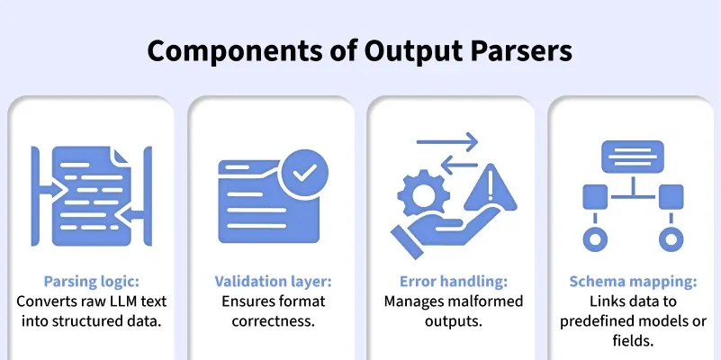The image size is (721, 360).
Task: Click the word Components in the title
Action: [x=234, y=51]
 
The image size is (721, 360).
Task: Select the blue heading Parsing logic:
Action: [x=92, y=282]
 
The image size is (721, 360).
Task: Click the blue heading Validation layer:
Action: [x=273, y=282]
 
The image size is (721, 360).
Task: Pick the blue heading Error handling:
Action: [x=453, y=282]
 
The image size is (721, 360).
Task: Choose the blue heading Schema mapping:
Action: [x=633, y=282]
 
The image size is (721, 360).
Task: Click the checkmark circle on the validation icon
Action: [x=303, y=172]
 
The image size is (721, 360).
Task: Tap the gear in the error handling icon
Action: [x=423, y=195]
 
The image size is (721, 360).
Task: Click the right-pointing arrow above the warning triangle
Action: [x=447, y=142]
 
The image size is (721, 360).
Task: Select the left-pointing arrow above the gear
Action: [x=460, y=166]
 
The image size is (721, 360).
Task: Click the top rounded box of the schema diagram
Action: [x=633, y=157]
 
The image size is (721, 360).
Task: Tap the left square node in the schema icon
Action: [x=595, y=197]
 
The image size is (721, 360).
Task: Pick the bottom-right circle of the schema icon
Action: [x=671, y=239]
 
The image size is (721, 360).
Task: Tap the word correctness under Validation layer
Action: [x=273, y=320]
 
